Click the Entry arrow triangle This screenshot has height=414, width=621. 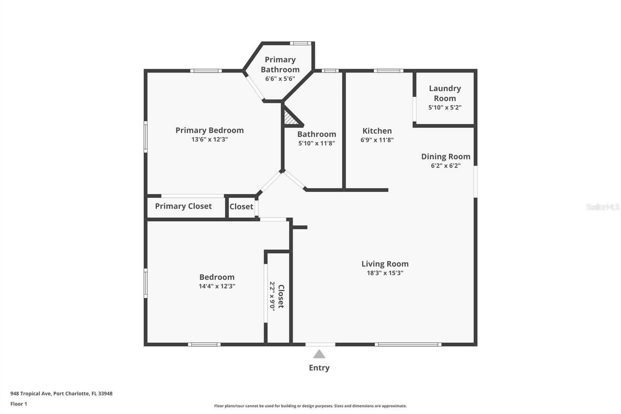[x=319, y=354]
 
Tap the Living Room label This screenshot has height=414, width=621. [x=385, y=264]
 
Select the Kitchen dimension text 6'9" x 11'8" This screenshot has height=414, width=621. [x=377, y=140]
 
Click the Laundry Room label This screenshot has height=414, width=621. [x=445, y=93]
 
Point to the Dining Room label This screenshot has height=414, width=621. [x=446, y=157]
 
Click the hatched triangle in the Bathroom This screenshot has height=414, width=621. [x=290, y=119]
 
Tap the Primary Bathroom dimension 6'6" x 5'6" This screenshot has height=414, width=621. [x=280, y=79]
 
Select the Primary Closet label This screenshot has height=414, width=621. [x=183, y=206]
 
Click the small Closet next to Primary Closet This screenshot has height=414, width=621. [x=241, y=207]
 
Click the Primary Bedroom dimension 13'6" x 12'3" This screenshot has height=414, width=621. [x=209, y=139]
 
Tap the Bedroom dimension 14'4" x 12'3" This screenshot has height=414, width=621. [x=217, y=286]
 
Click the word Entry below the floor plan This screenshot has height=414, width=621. [x=319, y=368]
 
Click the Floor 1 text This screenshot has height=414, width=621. [x=19, y=404]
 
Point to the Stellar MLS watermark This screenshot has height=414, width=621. [x=602, y=207]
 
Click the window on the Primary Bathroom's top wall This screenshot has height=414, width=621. [x=300, y=43]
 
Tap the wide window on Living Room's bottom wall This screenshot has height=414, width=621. [x=408, y=344]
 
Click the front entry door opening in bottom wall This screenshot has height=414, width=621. [x=320, y=344]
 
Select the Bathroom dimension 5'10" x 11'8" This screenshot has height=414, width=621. [x=316, y=143]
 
